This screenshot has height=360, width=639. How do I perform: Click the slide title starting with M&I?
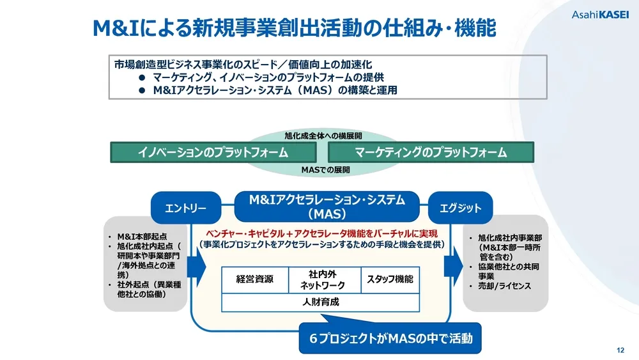295,27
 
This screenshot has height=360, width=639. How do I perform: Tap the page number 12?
620,350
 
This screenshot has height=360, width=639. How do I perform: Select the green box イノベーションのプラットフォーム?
213,152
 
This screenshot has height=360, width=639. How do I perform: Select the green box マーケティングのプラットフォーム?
431,152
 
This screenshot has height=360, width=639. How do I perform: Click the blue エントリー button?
185,208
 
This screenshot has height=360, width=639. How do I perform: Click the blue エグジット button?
461,208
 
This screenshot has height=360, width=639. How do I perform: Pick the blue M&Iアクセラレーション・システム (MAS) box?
327,207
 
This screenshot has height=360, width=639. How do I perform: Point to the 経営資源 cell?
254,279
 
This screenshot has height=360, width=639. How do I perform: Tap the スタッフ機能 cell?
390,279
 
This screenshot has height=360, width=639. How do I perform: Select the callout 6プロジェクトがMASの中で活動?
390,339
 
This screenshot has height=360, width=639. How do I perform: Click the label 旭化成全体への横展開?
323,136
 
